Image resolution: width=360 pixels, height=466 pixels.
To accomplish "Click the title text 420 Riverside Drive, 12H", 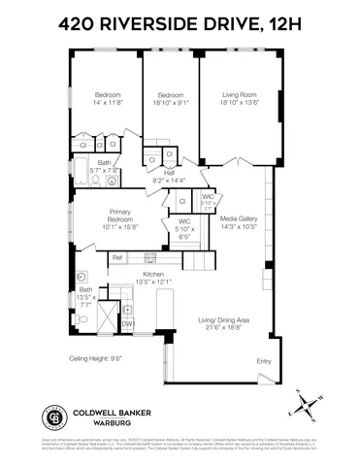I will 180,20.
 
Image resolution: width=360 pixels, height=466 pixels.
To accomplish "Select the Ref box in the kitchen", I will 116,257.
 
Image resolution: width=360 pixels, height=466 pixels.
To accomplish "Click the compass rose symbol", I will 308,400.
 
